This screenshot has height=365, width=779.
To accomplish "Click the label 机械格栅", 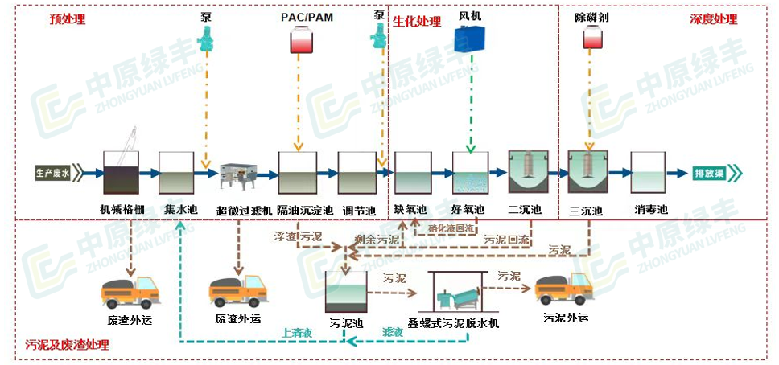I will [123, 211].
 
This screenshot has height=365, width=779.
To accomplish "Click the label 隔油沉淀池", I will [305, 211].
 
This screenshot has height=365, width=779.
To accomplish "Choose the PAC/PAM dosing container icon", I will [301, 41].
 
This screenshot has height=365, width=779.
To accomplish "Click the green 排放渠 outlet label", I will [711, 173].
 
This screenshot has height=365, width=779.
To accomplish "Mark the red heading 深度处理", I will [713, 19].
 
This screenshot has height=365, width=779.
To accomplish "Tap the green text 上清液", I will [297, 330].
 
